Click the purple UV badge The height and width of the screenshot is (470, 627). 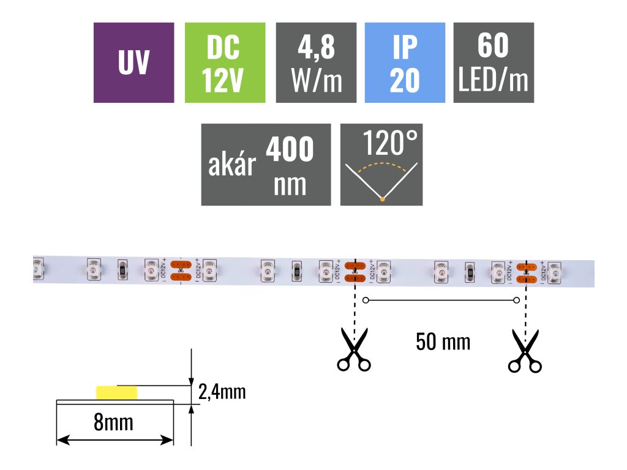[133, 62]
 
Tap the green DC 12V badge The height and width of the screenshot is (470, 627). [224, 62]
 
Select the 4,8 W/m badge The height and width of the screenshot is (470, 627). [316, 62]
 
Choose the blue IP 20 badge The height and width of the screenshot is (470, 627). [404, 62]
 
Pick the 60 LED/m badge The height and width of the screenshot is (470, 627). [493, 62]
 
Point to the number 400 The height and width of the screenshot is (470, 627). [290, 149]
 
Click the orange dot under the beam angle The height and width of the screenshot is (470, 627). [382, 198]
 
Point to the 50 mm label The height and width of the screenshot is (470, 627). [443, 341]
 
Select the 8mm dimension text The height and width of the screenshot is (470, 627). [114, 422]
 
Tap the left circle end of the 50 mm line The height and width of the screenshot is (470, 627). [366, 300]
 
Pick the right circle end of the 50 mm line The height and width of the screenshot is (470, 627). [516, 300]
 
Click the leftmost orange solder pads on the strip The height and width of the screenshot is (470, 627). [180, 271]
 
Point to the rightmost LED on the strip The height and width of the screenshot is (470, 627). [555, 271]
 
